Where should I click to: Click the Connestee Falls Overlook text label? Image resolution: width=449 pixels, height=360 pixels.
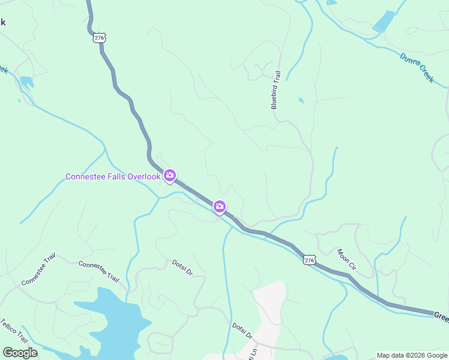click(x=113, y=176)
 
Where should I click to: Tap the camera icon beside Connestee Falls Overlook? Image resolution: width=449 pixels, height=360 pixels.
click(x=170, y=175)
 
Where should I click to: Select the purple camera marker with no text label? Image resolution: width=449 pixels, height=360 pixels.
click(x=220, y=207)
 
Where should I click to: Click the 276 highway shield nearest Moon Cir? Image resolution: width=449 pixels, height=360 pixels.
click(x=309, y=260)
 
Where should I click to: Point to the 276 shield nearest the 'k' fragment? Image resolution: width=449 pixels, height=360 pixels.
click(x=99, y=37)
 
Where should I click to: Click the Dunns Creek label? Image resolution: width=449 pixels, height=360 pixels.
click(x=417, y=67)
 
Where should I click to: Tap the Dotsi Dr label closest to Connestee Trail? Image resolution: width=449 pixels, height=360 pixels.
click(x=181, y=267)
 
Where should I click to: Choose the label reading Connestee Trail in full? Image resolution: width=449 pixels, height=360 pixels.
click(x=98, y=271)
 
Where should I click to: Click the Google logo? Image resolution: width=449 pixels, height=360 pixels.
click(x=20, y=353)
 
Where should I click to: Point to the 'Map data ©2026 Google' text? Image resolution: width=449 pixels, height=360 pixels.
click(x=412, y=355)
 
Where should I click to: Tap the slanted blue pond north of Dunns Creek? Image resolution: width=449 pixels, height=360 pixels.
click(x=384, y=21)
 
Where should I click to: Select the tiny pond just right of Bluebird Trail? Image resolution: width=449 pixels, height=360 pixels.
click(x=301, y=101)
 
